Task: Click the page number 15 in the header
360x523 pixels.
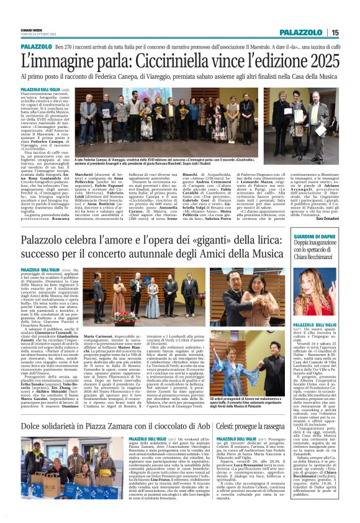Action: (335, 32)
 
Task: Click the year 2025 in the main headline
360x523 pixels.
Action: (317, 62)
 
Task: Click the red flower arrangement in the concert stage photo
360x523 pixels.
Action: (120, 316)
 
